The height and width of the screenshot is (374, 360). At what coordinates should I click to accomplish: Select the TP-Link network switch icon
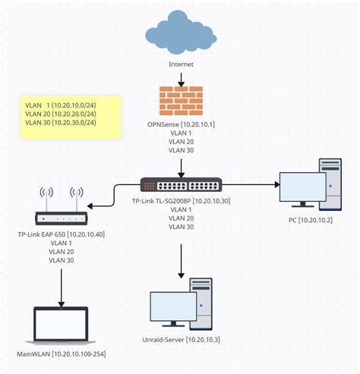click(181, 184)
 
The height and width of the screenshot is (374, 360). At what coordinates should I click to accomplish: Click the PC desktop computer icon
click(310, 187)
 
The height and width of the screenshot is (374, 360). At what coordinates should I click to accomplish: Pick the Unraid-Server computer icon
click(181, 308)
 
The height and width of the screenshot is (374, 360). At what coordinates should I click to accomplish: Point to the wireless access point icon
click(60, 203)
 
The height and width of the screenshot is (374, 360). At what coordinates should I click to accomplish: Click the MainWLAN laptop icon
click(60, 326)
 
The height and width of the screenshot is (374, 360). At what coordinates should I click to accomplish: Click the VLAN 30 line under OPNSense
click(181, 150)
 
